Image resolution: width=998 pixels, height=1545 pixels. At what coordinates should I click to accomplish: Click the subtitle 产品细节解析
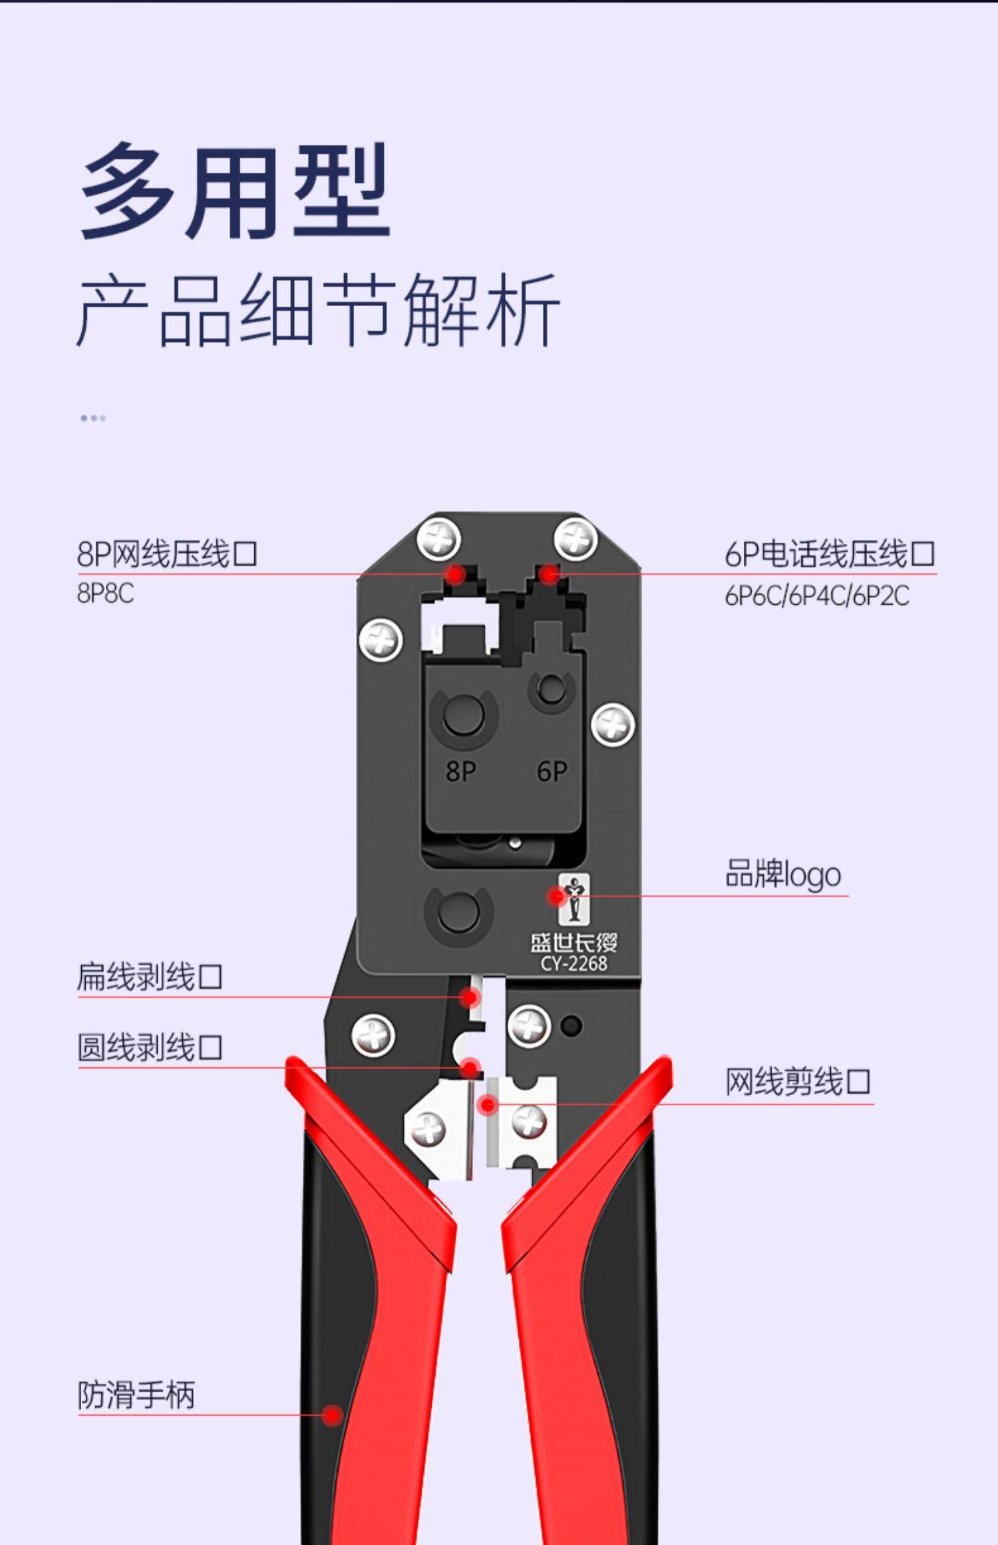(x=318, y=311)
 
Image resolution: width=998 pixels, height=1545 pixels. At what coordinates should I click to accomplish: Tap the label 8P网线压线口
(x=167, y=554)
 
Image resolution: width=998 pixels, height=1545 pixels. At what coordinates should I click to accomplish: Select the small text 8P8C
(x=105, y=594)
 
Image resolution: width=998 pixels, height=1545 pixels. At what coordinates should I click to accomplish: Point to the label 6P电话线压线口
(x=830, y=554)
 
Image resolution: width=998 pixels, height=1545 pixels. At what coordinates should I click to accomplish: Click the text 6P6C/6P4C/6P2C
(x=816, y=596)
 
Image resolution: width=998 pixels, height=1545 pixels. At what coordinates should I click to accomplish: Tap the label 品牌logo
(x=782, y=874)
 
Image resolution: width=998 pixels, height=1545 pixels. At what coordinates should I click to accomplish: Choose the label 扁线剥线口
(x=150, y=976)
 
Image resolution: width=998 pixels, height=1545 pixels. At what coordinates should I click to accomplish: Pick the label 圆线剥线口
(x=150, y=1047)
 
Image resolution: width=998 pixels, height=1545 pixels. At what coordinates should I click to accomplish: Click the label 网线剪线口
(x=797, y=1081)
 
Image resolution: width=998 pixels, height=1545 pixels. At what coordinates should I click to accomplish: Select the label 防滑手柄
(x=136, y=1395)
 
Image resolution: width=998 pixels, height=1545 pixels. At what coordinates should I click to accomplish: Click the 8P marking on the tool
(x=460, y=772)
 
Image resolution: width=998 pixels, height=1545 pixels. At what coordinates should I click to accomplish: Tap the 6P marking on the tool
(x=552, y=772)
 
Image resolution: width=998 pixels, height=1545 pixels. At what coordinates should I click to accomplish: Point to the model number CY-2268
(x=574, y=963)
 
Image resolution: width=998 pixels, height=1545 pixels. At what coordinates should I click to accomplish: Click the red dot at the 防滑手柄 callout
(x=332, y=1415)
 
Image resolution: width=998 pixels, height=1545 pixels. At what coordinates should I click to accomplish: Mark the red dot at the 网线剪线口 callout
(x=488, y=1105)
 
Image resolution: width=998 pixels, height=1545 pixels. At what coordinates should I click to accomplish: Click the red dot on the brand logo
(x=556, y=897)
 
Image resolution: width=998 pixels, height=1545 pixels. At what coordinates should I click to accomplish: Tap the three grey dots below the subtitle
(x=93, y=418)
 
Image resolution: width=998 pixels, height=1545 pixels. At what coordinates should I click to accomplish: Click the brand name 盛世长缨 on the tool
(x=574, y=942)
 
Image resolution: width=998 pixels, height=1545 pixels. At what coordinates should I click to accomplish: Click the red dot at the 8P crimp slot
(x=456, y=574)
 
